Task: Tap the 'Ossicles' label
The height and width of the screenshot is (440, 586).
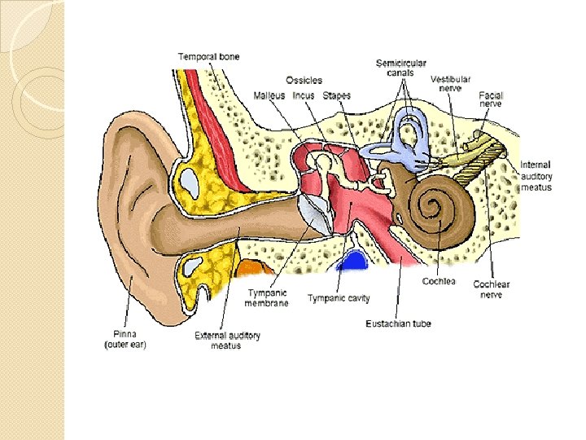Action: [304, 80]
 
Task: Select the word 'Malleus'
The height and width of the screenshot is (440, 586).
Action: [269, 96]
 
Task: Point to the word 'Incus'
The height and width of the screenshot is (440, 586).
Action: [303, 96]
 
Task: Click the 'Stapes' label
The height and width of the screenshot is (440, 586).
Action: [336, 96]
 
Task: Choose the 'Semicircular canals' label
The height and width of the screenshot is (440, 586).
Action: [400, 68]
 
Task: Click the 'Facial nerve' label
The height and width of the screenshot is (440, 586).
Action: [491, 99]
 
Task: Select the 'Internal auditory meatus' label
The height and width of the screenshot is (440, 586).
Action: [536, 176]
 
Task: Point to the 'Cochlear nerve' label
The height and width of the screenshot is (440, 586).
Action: [492, 289]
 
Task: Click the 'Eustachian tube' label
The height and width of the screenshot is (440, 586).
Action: [399, 323]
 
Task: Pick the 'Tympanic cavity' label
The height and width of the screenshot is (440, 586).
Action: [339, 298]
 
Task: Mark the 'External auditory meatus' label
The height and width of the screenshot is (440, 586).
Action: [227, 340]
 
